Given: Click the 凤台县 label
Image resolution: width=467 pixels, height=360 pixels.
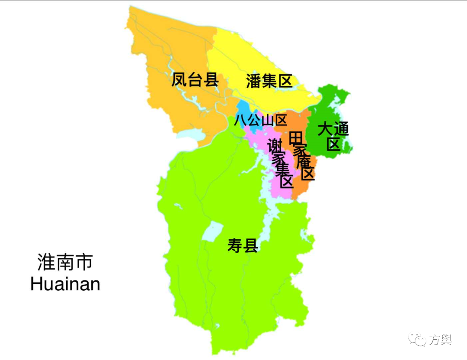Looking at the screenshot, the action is [x=195, y=80].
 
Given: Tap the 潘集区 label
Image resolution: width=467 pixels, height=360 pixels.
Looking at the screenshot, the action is [x=269, y=81].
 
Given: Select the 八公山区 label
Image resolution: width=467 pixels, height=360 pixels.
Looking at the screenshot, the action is [x=260, y=120].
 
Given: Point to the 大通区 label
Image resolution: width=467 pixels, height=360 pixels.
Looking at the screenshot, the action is [x=333, y=136].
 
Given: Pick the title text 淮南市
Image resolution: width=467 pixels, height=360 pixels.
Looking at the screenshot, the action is [x=65, y=263].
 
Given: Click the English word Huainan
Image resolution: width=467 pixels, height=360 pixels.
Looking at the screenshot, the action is [x=65, y=284].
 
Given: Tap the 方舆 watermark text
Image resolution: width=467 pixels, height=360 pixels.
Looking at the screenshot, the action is [x=440, y=340].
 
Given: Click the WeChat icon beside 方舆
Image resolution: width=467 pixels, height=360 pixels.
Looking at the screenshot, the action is [x=418, y=340].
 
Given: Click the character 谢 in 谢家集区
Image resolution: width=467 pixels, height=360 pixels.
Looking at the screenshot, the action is [x=275, y=145].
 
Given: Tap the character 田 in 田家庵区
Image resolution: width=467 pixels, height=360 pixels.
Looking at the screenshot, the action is [x=296, y=138].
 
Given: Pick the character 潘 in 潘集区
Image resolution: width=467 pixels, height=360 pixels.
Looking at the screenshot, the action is [x=254, y=81].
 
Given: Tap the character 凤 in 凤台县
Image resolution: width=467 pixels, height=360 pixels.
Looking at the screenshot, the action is [x=179, y=80].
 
